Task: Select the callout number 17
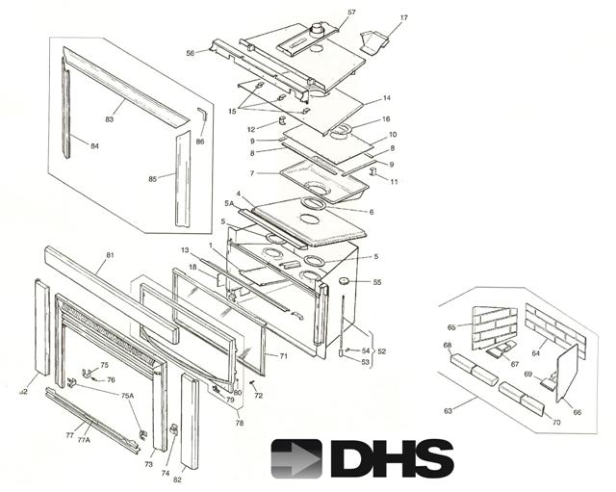point(403,17)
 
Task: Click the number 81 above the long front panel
point(110,255)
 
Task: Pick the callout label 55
point(376,282)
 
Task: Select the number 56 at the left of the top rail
point(190,53)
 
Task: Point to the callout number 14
point(386,98)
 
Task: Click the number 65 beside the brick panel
point(450,326)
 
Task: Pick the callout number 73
point(149,464)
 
